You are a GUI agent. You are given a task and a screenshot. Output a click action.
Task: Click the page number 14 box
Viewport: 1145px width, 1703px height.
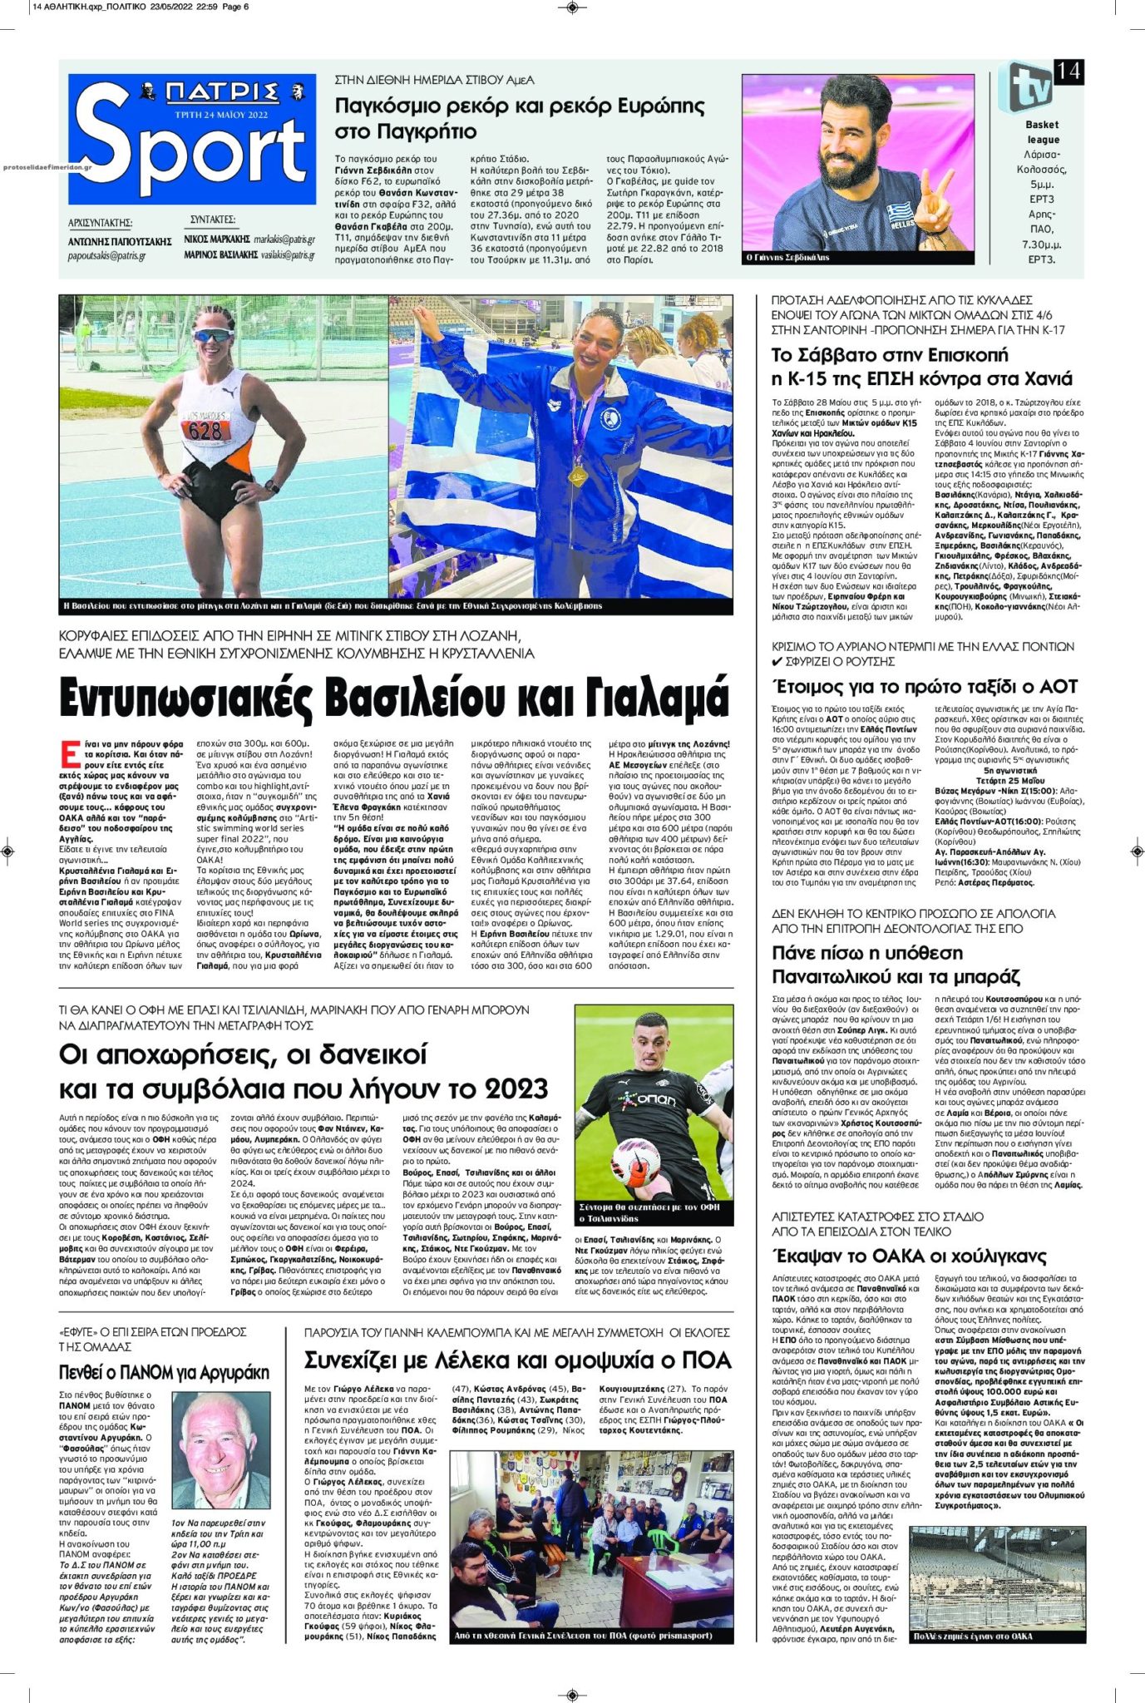click(x=1068, y=72)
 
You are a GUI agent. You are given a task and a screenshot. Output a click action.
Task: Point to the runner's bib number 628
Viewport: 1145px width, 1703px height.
click(x=205, y=429)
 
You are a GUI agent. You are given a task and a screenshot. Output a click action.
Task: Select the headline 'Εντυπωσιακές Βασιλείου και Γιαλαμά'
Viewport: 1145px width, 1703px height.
click(x=394, y=697)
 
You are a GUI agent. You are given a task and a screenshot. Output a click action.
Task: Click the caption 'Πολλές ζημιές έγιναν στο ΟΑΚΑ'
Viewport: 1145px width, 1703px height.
click(x=971, y=1636)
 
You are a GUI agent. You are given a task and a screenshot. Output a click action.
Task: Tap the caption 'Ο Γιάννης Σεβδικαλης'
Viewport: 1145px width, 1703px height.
click(x=787, y=258)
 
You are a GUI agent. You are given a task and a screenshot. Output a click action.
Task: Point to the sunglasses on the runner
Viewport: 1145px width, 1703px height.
click(x=211, y=335)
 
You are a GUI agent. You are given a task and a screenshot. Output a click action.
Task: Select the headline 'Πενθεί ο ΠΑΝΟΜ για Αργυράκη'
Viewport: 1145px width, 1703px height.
click(x=164, y=1372)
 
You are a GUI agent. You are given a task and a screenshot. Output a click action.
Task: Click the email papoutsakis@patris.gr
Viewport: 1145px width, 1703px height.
click(x=106, y=256)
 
